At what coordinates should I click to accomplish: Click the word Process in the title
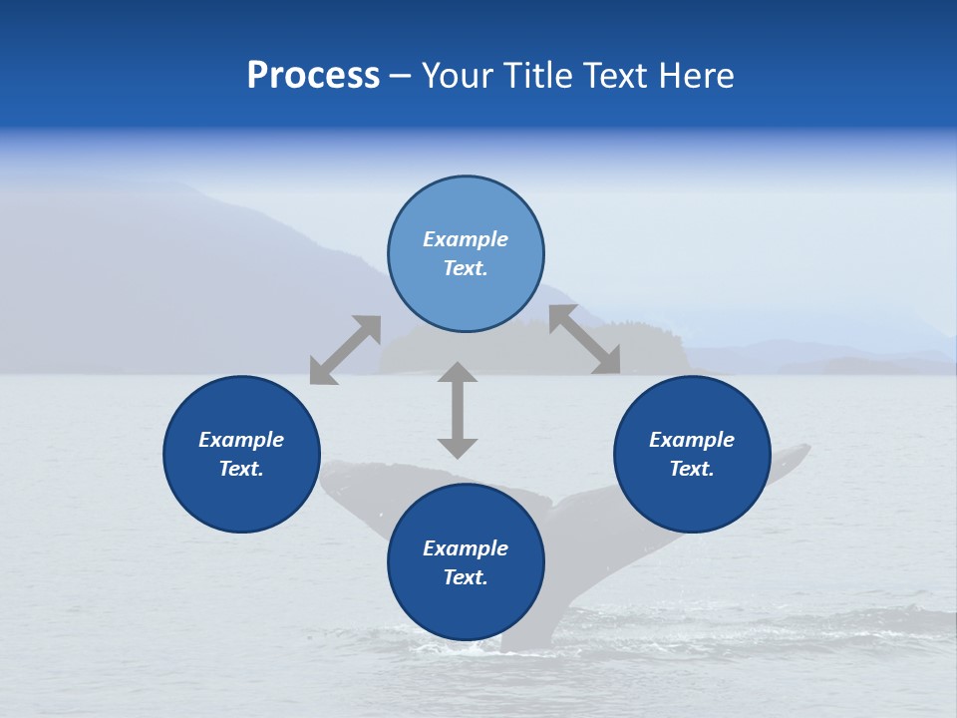(313, 76)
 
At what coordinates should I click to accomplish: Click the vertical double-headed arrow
(458, 410)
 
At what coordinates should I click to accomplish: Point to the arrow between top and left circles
(345, 350)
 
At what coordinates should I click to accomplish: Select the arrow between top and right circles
(584, 339)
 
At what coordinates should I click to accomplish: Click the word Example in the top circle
(466, 239)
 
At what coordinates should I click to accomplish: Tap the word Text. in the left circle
(241, 469)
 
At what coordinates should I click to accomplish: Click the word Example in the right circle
(692, 440)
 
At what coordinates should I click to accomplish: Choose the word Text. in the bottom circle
(466, 577)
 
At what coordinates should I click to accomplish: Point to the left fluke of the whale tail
(359, 489)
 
